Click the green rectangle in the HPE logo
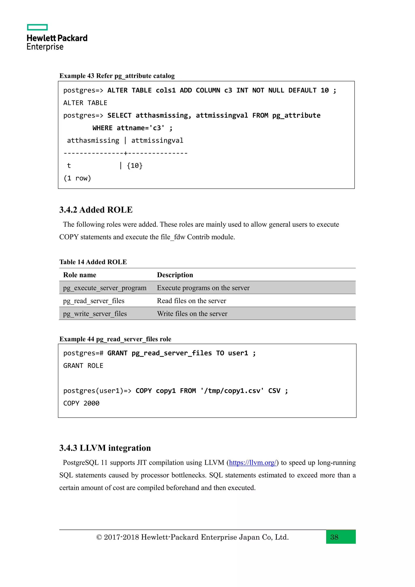click(x=37, y=27)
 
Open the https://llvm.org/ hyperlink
click(x=252, y=463)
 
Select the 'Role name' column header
click(x=80, y=275)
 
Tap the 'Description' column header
click(x=175, y=275)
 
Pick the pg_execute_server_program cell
click(x=105, y=288)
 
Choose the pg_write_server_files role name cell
click(x=95, y=314)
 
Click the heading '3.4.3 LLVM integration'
click(x=105, y=448)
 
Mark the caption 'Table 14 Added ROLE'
click(x=93, y=262)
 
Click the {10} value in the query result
click(x=135, y=166)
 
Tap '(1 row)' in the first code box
click(x=77, y=178)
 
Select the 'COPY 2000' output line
click(x=81, y=403)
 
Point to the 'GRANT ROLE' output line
click(x=83, y=366)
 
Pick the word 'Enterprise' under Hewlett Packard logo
click(x=45, y=47)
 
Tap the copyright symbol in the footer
click(x=99, y=537)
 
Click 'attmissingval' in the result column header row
click(x=157, y=141)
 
